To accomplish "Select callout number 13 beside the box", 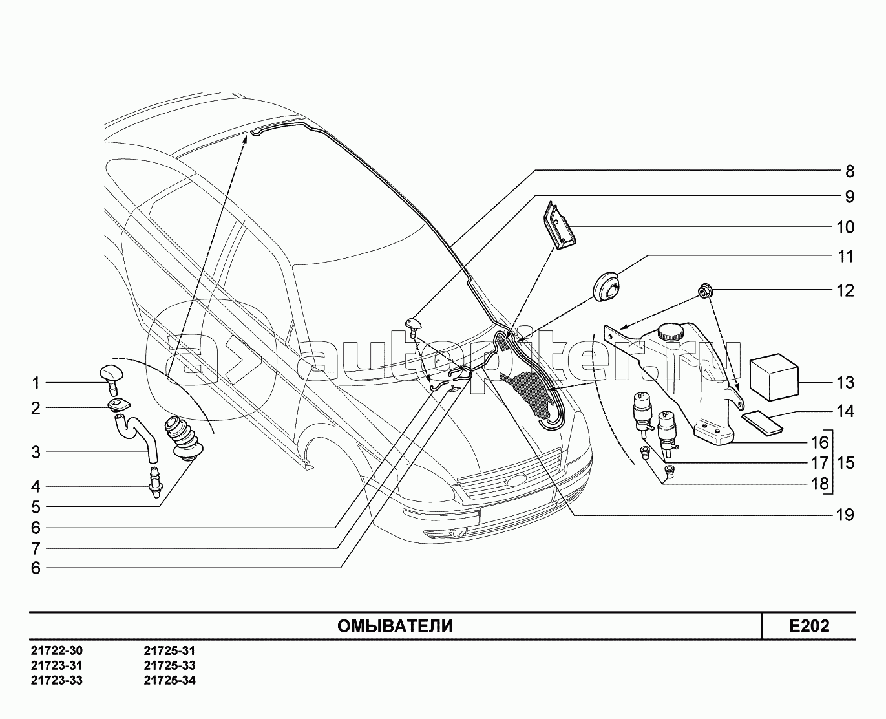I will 845,383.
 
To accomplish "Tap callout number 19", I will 845,515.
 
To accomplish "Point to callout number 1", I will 36,383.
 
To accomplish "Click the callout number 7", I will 36,548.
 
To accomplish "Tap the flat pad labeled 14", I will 762,423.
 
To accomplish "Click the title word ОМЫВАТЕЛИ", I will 395,626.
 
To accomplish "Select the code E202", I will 808,626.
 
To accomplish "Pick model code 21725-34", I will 169,680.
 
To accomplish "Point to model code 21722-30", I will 56,651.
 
